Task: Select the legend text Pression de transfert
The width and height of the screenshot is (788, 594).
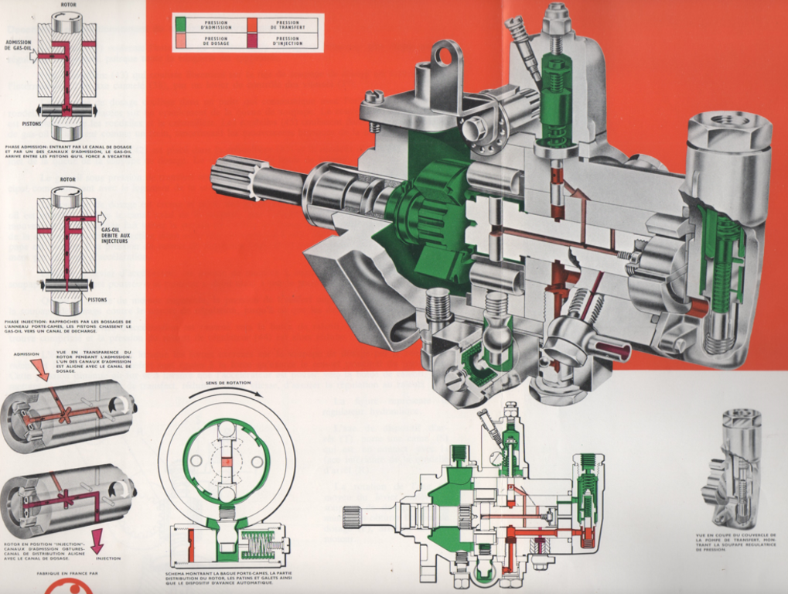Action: pos(288,25)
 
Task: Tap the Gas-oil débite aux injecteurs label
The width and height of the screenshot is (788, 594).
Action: pos(114,235)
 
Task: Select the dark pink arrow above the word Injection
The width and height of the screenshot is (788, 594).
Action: pos(97,540)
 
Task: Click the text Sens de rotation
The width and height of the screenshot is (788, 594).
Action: pos(225,383)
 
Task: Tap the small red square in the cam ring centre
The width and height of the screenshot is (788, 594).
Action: pos(227,461)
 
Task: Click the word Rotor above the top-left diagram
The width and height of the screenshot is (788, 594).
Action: pos(67,4)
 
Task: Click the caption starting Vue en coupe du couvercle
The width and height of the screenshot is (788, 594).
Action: pos(735,541)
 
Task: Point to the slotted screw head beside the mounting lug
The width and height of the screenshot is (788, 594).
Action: pos(374,97)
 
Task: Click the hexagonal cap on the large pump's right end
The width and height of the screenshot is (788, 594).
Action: pos(729,128)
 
